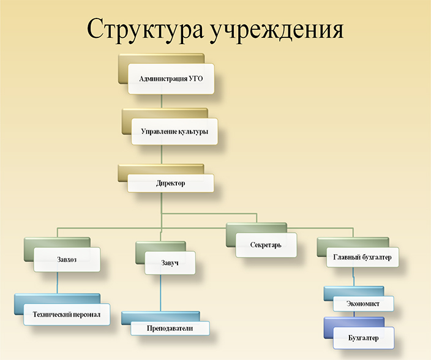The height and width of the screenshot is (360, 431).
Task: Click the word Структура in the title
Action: tap(146, 29)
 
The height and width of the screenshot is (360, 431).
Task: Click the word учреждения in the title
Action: tap(277, 29)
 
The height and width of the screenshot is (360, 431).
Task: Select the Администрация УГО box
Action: tap(171, 79)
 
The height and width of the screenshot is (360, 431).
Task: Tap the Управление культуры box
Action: tap(174, 132)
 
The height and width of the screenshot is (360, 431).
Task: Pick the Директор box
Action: tap(171, 183)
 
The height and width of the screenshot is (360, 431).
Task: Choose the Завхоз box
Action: tap(67, 260)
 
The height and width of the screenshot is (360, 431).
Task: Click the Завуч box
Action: tap(170, 263)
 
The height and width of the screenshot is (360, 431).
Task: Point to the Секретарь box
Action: tap(266, 245)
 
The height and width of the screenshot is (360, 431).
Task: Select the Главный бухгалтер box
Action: tap(362, 257)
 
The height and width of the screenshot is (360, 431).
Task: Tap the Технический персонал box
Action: tap(67, 314)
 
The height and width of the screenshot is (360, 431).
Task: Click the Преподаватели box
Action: tap(170, 328)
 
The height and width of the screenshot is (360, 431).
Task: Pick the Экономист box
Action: tap(364, 304)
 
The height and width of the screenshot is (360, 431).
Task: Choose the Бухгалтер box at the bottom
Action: tap(364, 338)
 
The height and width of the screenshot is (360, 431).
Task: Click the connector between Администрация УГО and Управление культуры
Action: tap(162, 101)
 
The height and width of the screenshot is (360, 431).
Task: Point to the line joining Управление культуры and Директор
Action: tap(162, 154)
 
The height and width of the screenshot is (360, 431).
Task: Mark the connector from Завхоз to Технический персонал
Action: tap(57, 283)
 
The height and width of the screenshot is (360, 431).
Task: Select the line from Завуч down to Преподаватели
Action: tap(160, 293)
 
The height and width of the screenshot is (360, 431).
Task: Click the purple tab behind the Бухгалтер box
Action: tap(329, 328)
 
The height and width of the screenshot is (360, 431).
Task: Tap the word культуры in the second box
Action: tap(193, 132)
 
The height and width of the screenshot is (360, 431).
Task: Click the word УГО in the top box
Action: tap(196, 78)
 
